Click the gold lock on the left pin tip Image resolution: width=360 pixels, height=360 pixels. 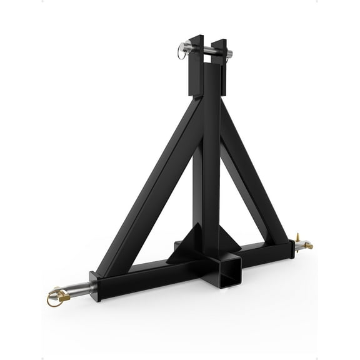[x=52, y=301]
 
